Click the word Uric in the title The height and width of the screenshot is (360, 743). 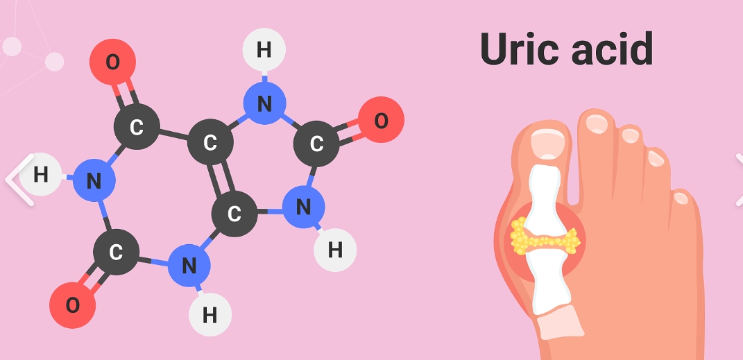517,49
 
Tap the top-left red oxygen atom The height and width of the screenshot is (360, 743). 112,62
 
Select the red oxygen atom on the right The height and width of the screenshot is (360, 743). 381,120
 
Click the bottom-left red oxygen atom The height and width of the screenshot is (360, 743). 72,305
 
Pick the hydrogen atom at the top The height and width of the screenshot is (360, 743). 264,50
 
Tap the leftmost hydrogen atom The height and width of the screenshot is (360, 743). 40,174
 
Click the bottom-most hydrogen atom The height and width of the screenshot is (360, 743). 210,315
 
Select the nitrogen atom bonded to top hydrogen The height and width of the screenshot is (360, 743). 264,104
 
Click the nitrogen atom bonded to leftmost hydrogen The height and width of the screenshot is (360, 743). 94,182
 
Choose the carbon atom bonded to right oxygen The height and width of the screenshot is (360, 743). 316,144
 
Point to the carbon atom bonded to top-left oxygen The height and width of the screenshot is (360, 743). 136,127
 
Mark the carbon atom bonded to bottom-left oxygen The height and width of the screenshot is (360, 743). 115,252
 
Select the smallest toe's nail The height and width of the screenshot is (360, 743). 681,198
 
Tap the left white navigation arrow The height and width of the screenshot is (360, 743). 19,179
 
